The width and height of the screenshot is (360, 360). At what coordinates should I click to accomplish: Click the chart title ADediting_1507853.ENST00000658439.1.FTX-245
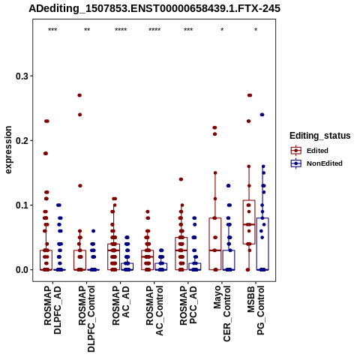click(154, 8)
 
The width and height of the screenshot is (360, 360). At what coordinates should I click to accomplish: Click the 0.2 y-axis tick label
click(22, 140)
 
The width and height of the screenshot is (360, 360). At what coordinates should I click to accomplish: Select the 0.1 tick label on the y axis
click(22, 205)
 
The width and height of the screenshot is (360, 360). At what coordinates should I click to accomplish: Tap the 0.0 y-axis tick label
click(22, 270)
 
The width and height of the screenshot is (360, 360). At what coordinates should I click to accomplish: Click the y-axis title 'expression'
click(8, 150)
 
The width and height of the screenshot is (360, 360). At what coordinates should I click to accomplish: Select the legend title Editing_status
click(320, 136)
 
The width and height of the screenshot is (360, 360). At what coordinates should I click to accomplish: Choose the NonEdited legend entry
click(316, 163)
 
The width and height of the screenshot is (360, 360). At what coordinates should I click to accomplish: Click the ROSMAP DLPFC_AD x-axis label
click(52, 310)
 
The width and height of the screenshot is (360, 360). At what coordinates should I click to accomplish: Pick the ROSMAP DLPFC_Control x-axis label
click(86, 319)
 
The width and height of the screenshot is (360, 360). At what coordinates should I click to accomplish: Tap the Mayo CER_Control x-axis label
click(222, 313)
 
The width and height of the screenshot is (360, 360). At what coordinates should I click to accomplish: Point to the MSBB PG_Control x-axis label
click(256, 310)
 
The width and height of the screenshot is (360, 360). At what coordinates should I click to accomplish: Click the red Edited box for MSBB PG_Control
click(249, 222)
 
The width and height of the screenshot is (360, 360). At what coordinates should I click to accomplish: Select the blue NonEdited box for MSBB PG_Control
click(262, 244)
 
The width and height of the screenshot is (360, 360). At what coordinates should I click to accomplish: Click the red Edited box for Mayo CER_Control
click(215, 244)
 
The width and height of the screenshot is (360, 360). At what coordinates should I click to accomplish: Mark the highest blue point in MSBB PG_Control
click(262, 115)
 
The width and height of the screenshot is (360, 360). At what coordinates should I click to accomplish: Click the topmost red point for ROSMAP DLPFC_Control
click(79, 95)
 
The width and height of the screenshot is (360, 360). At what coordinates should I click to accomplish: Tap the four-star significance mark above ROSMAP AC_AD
click(121, 30)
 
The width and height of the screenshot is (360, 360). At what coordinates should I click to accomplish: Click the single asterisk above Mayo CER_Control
click(222, 30)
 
